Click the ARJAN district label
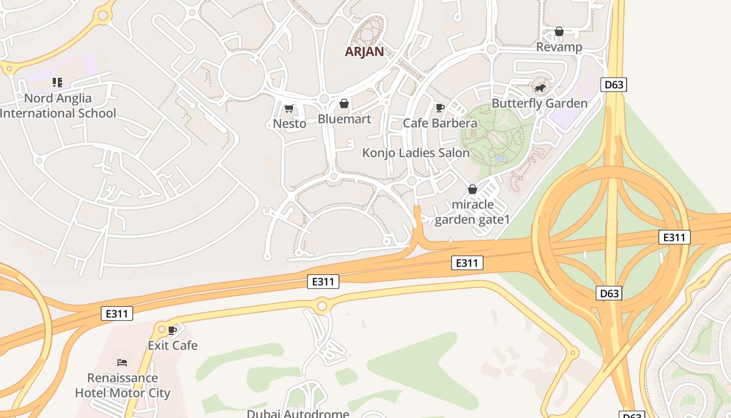(x=364, y=52)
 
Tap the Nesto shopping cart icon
(x=289, y=109)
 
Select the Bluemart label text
(x=344, y=119)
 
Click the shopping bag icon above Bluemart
(x=344, y=104)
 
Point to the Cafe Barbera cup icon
(x=440, y=108)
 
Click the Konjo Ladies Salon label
(x=416, y=153)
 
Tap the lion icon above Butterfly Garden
(x=540, y=88)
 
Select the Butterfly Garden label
(x=539, y=103)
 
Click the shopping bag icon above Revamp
(x=559, y=32)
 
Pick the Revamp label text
(x=559, y=47)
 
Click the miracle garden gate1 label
(x=472, y=212)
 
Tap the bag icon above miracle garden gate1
(x=473, y=189)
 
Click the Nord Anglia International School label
(x=57, y=106)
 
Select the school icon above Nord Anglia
(x=57, y=83)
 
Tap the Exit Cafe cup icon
(x=172, y=330)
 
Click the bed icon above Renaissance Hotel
(x=122, y=362)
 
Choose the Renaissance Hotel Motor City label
(x=122, y=385)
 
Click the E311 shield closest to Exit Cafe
(x=117, y=313)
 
